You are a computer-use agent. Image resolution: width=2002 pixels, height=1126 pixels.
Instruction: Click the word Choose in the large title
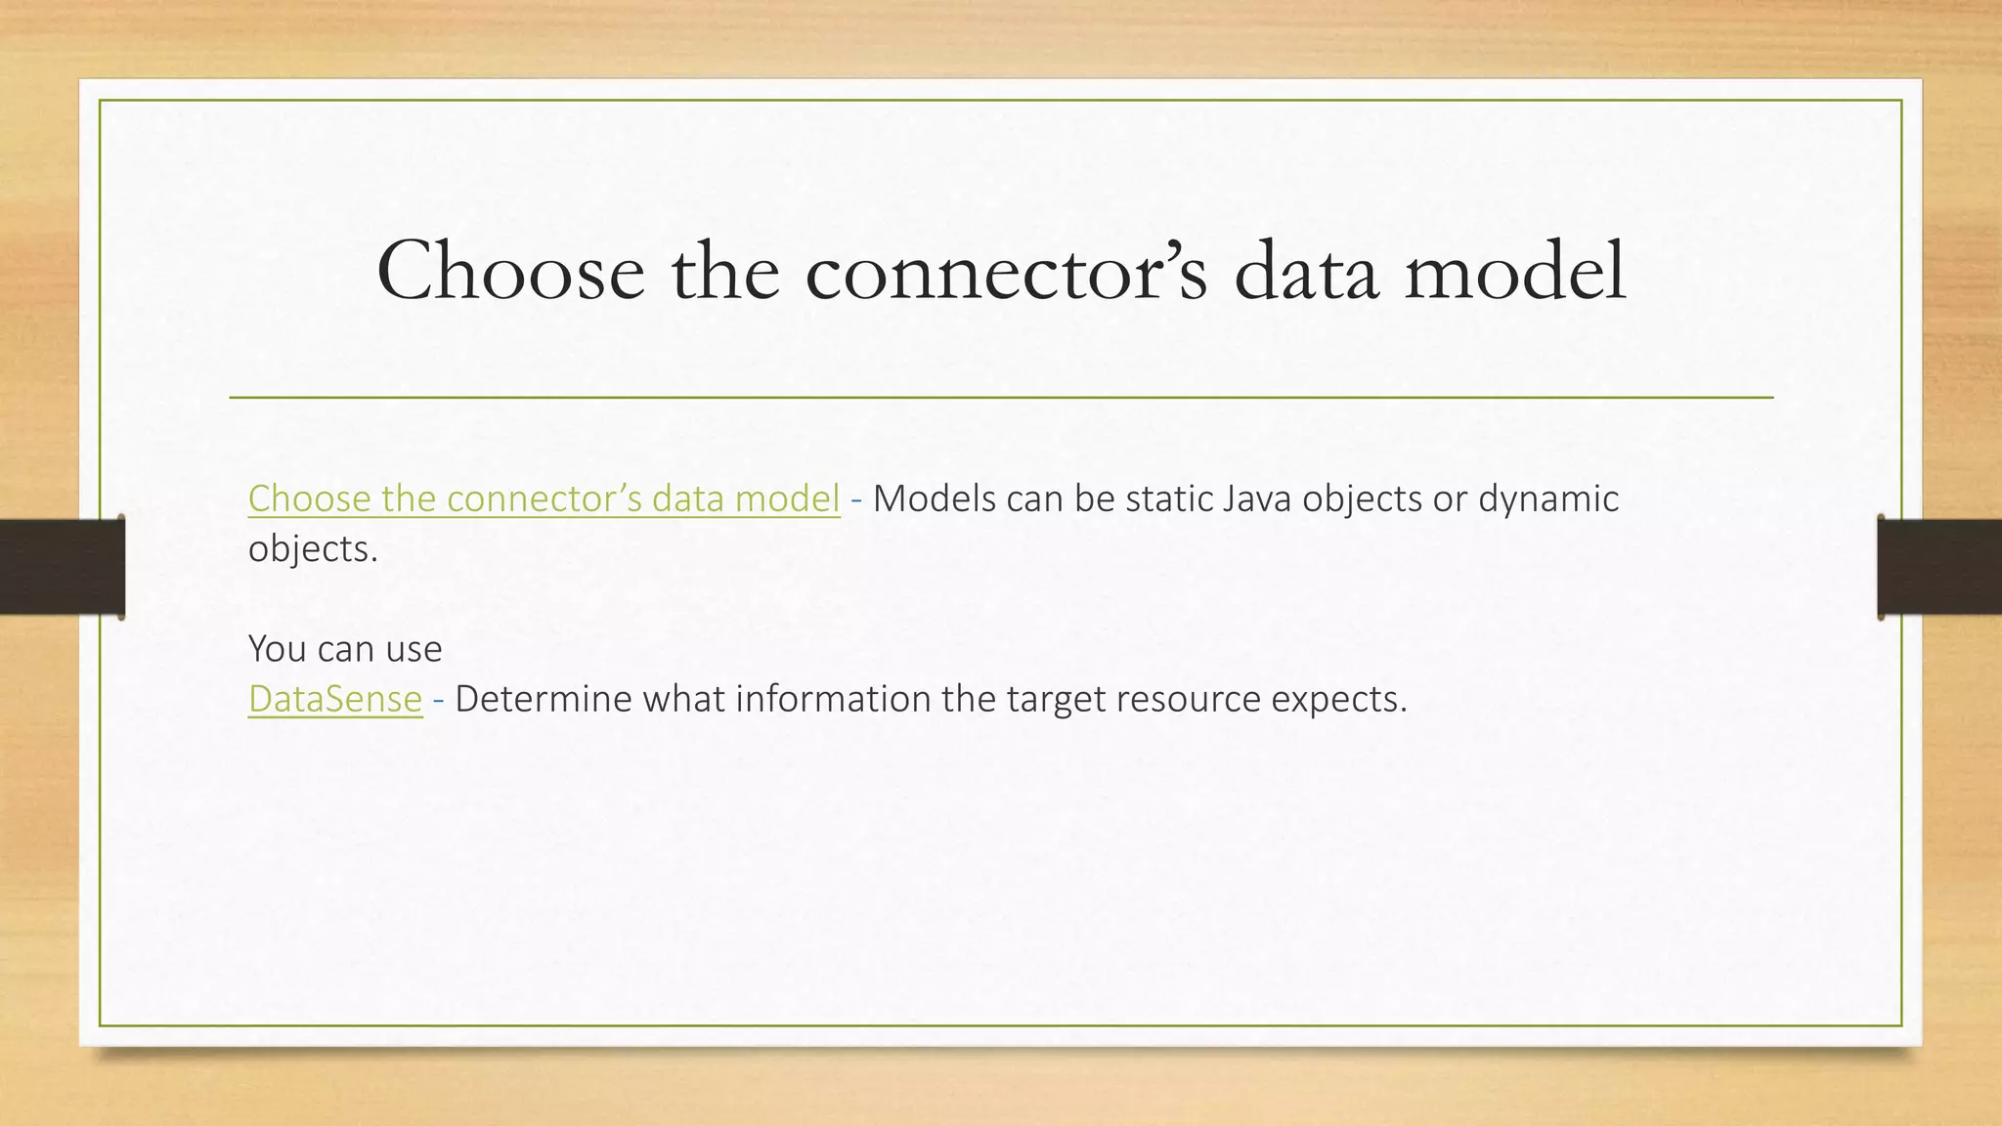tap(509, 271)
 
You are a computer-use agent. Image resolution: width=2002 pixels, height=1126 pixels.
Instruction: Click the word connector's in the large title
tap(1006, 271)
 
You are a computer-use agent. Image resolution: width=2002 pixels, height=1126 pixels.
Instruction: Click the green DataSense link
tap(335, 699)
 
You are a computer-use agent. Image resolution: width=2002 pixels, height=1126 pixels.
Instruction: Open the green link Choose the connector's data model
tap(544, 498)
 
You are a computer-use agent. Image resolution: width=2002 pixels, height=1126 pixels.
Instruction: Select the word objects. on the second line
tap(313, 549)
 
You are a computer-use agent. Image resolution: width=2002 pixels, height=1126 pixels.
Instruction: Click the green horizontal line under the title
tap(1001, 398)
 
